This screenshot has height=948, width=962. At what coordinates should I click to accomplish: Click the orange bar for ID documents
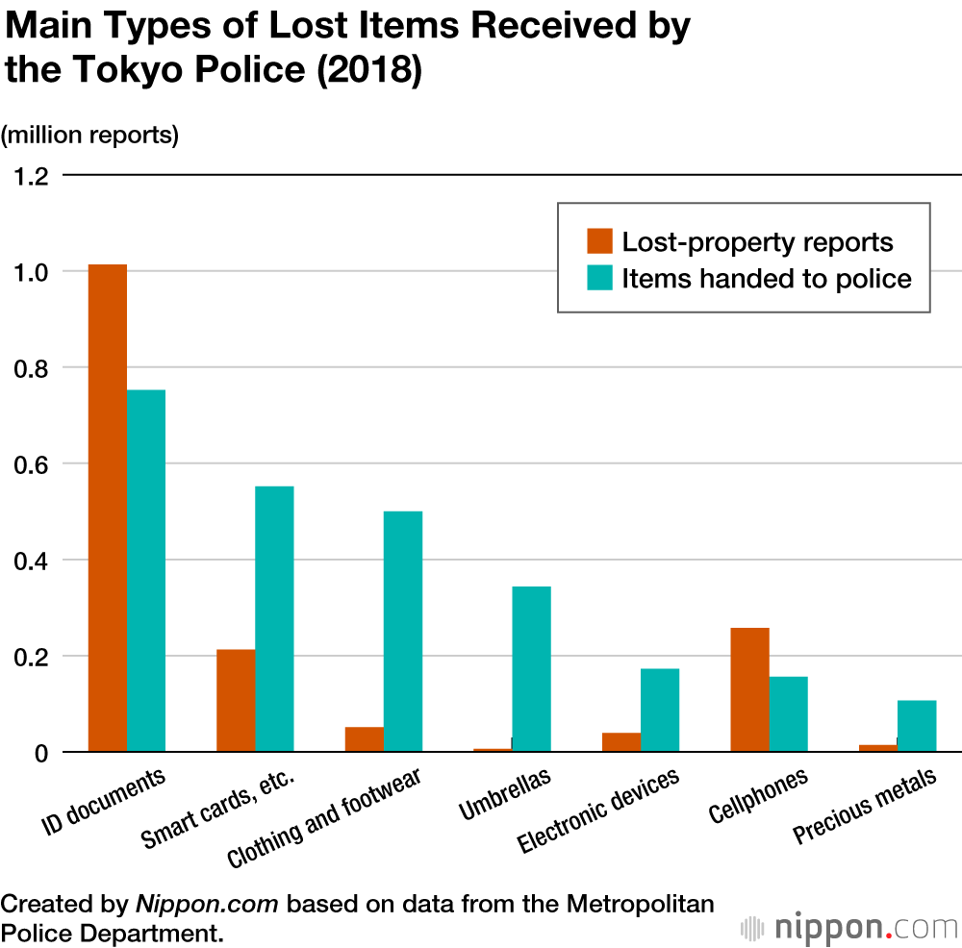tap(107, 508)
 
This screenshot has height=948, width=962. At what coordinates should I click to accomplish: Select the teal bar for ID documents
tap(145, 570)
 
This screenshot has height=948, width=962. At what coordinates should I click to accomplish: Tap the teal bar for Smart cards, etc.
tap(274, 618)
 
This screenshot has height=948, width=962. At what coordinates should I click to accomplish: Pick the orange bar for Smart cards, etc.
tap(236, 700)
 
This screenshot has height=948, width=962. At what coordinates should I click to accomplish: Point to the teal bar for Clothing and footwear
tap(402, 631)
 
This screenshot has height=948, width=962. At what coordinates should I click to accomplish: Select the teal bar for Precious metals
tap(917, 726)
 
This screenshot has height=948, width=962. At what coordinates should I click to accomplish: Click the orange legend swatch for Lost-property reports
tap(600, 241)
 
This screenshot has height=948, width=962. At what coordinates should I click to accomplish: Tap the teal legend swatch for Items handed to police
tap(600, 279)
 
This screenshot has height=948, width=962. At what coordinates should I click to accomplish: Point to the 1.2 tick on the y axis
tap(29, 176)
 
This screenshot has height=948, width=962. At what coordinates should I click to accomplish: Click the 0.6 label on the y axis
tap(29, 464)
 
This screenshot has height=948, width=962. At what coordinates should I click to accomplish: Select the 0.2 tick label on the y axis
tap(29, 657)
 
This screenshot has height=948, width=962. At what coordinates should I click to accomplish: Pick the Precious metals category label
tap(864, 807)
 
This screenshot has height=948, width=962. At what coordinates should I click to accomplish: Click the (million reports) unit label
tap(90, 136)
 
